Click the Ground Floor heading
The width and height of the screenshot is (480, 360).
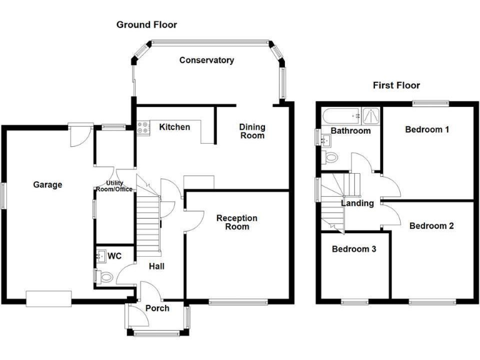(147, 25)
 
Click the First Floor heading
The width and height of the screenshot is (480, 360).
(396, 86)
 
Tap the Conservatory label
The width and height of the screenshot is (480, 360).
(207, 60)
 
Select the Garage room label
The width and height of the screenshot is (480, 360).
(47, 185)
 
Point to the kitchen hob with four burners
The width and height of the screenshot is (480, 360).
(143, 128)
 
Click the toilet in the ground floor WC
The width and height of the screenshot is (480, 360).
(104, 277)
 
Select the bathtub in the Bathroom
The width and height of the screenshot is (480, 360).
(342, 116)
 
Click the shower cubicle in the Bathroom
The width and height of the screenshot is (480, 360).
(371, 116)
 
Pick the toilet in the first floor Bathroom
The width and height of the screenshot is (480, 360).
(330, 157)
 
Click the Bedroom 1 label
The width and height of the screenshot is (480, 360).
(427, 130)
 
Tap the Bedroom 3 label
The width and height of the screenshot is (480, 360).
(354, 249)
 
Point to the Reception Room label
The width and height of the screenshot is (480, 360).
(237, 222)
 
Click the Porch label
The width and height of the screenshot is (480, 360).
(157, 308)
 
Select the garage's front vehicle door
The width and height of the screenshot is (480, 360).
(49, 299)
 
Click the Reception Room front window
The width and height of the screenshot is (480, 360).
(239, 302)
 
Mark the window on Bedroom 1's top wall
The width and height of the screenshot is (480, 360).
(431, 104)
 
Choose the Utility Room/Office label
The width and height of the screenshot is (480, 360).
(114, 186)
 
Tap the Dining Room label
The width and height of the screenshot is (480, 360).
(252, 131)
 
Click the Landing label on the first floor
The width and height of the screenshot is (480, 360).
(357, 203)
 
